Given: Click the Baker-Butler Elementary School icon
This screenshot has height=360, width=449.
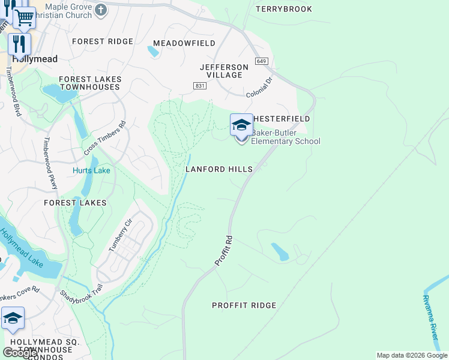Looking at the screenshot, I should (241, 125).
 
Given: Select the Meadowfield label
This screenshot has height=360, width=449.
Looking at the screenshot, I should (184, 43).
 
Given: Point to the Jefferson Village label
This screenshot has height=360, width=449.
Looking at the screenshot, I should (224, 71).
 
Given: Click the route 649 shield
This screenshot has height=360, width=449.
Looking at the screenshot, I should (261, 61).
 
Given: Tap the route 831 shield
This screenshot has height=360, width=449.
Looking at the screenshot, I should (200, 86).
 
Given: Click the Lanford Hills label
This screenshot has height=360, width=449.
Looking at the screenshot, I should (218, 169).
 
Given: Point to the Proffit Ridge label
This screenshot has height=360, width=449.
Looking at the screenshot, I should (244, 305).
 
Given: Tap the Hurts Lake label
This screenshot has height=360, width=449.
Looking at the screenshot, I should (91, 170).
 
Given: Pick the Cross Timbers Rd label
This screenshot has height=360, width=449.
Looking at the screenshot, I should (105, 139).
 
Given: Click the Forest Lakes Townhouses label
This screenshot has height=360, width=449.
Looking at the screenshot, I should (90, 83).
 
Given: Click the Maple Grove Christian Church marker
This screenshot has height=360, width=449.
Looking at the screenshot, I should (101, 9).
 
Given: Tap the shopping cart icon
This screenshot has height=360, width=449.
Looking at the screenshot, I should (25, 17).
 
